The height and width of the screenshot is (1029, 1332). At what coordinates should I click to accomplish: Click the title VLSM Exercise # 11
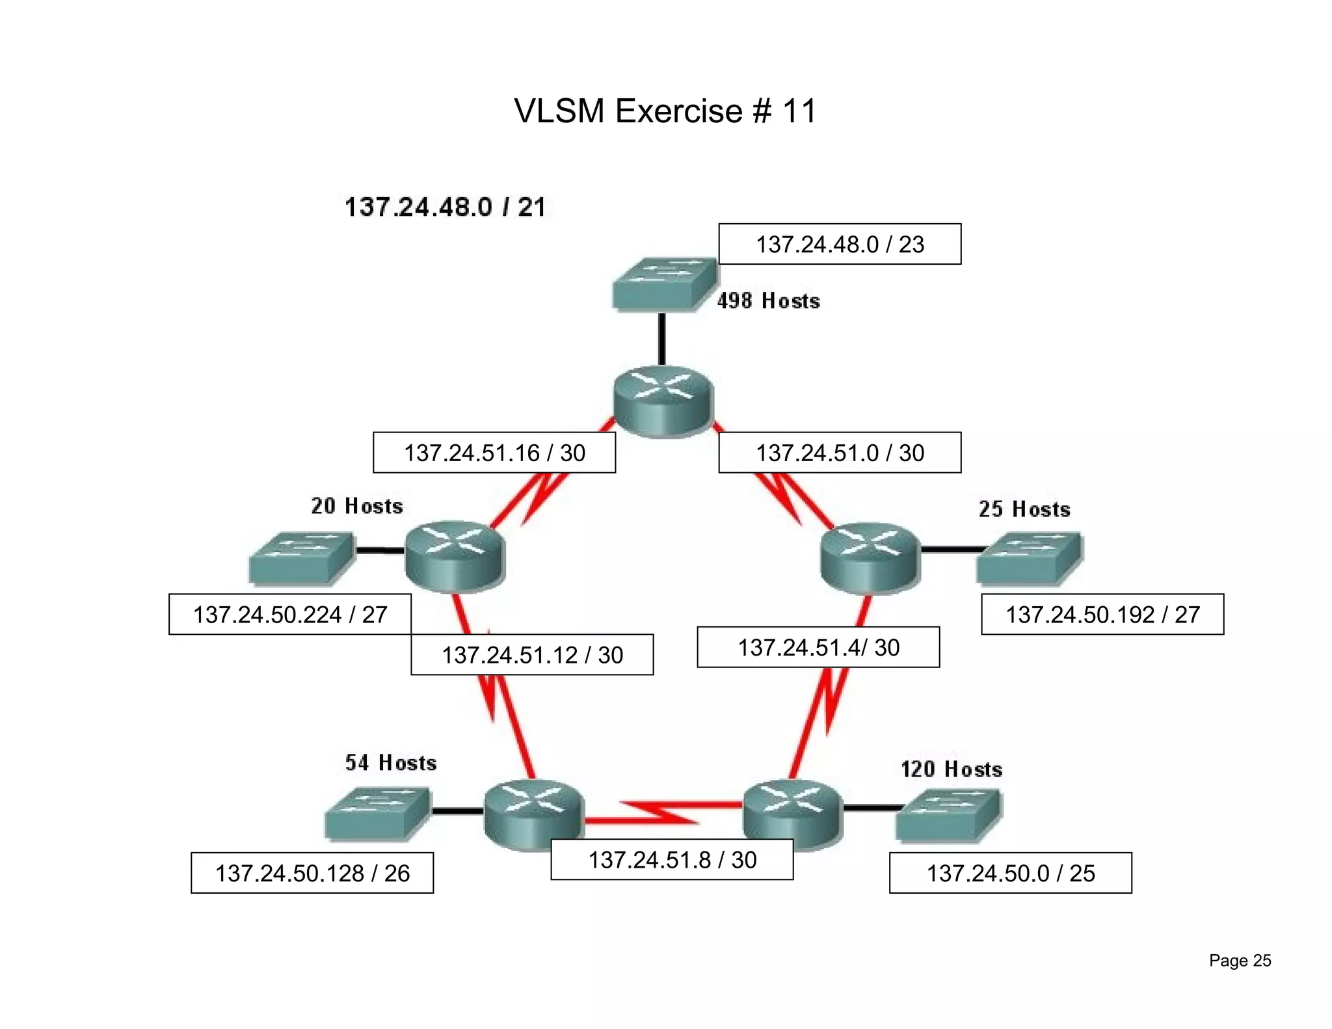[x=665, y=111]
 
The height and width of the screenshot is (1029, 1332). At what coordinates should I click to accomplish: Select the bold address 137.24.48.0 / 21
[x=445, y=207]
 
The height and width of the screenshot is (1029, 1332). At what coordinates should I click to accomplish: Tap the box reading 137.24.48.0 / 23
[x=839, y=245]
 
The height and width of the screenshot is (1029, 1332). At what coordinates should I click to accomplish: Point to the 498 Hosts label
[x=768, y=301]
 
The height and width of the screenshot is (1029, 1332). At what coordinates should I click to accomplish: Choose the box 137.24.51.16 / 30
[x=494, y=453]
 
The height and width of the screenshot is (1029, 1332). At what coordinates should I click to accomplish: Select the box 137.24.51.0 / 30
[x=839, y=453]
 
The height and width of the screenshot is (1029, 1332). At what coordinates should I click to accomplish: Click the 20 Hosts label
[x=356, y=506]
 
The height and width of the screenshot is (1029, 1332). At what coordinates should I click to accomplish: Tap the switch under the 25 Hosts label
[x=1029, y=558]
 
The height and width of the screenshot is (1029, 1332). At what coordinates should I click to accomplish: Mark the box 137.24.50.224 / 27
[x=290, y=615]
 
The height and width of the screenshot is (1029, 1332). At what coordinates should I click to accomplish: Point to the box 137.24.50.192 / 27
[x=1102, y=615]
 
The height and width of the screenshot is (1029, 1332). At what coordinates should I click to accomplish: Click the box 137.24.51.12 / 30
[x=532, y=655]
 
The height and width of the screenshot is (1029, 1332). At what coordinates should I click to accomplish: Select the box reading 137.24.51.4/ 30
[x=818, y=648]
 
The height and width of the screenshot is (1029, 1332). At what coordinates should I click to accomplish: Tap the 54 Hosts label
[x=390, y=763]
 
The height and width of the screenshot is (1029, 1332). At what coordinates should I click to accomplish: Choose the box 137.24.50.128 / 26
[x=312, y=874]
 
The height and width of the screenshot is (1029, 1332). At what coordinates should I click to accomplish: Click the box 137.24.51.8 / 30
[x=672, y=860]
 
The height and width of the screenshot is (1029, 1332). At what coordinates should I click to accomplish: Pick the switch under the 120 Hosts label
[x=948, y=815]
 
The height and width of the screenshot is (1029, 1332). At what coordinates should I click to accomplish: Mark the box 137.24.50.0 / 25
[x=1010, y=874]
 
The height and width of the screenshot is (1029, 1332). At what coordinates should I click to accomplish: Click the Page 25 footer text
[x=1240, y=961]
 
